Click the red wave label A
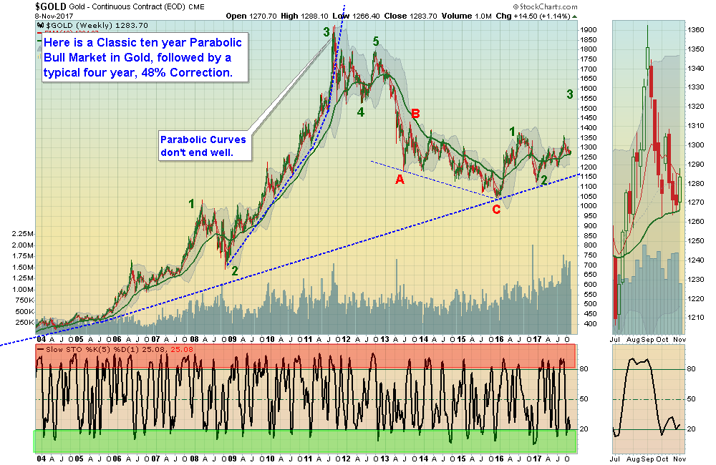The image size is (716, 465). pyautogui.click(x=400, y=180)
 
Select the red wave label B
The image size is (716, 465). pyautogui.click(x=415, y=113)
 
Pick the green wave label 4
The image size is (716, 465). pyautogui.click(x=361, y=112)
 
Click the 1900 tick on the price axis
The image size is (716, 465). pyautogui.click(x=589, y=29)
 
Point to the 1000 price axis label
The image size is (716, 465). pyautogui.click(x=589, y=206)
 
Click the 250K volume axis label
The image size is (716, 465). pyautogui.click(x=21, y=323)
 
